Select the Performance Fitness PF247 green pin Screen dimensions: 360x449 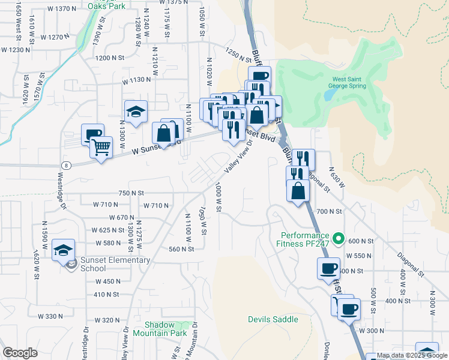coord(338,239)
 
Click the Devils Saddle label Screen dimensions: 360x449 coord(273,319)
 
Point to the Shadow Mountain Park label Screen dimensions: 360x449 coord(160,328)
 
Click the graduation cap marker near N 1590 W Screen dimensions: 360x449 coord(63,250)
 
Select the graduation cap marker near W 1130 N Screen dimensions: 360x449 coord(136,111)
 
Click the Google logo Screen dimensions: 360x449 coord(20,353)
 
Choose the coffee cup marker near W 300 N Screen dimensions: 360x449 coord(349,310)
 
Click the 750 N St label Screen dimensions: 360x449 coord(131,193)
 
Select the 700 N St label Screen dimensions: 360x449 coord(329,212)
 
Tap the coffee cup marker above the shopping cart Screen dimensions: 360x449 coord(93,134)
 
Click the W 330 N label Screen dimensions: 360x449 coord(50,316)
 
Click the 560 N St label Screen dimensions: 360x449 coord(183,249)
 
